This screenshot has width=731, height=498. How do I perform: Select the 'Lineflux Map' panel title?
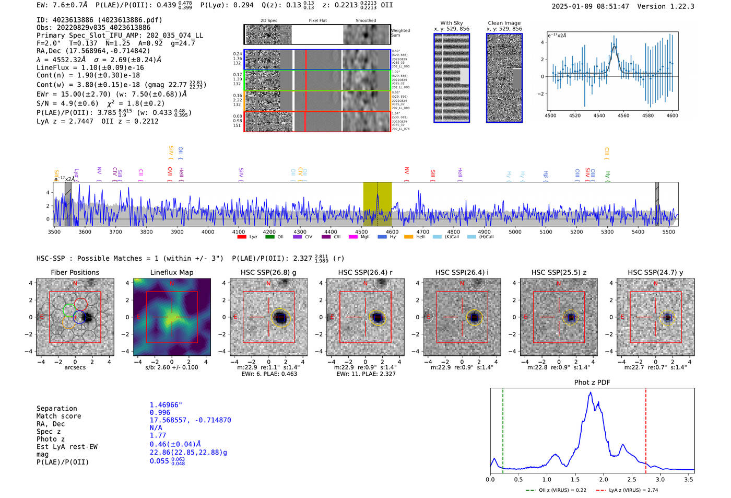point(171,272)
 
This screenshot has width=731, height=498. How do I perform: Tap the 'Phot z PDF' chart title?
point(592,382)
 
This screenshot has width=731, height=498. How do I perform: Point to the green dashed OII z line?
point(502,428)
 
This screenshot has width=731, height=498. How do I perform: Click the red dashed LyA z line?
point(645,428)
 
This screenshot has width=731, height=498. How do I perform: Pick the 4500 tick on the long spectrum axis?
point(361,232)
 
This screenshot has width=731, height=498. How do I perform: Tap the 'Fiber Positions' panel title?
point(75,272)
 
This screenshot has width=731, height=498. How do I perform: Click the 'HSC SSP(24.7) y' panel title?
point(655,272)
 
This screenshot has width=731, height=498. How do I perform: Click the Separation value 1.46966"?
point(166,405)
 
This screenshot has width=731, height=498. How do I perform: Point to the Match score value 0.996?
point(160,413)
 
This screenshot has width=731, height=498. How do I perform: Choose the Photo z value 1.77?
point(158,435)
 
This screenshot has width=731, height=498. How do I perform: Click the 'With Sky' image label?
point(451,23)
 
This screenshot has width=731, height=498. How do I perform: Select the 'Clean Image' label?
point(504,23)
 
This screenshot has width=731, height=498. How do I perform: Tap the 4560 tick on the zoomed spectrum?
point(623,115)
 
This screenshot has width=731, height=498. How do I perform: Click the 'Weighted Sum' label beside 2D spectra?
point(400,32)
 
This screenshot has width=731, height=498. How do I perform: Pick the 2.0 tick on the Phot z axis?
point(604,479)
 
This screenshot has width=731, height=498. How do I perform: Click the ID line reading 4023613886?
point(99,20)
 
